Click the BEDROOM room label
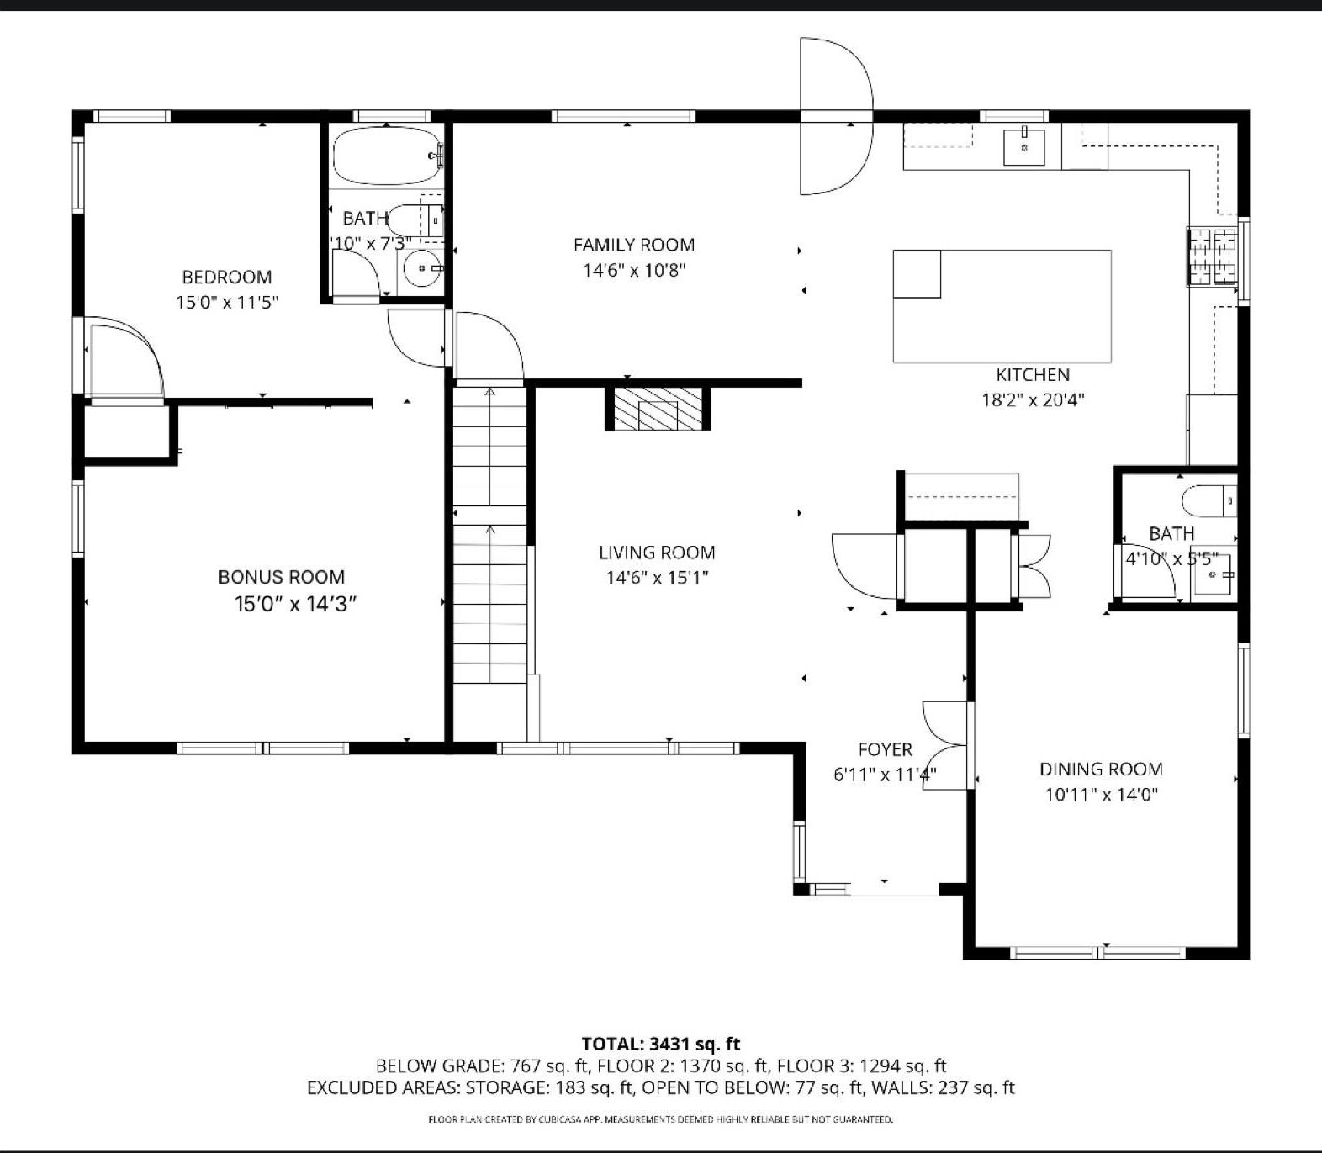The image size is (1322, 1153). coord(226,277)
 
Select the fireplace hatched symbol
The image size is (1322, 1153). coord(658,408)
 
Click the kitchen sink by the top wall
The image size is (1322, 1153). coord(1023,147)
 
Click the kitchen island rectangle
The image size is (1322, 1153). coord(1001,306)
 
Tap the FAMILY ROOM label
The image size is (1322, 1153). coord(633,245)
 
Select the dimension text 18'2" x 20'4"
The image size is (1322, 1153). coord(1033,399)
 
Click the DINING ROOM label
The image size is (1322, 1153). coord(1101,769)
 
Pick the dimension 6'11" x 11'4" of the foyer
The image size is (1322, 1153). coord(885,775)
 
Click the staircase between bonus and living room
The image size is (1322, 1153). coord(489,538)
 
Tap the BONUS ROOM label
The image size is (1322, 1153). coord(281,577)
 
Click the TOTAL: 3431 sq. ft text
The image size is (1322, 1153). coord(661,1044)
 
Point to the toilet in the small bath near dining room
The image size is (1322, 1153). coord(1209,501)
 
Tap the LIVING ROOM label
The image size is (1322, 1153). coord(656,553)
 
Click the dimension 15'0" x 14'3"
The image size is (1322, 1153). coord(295,604)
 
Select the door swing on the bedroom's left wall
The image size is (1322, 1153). coord(124,357)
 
